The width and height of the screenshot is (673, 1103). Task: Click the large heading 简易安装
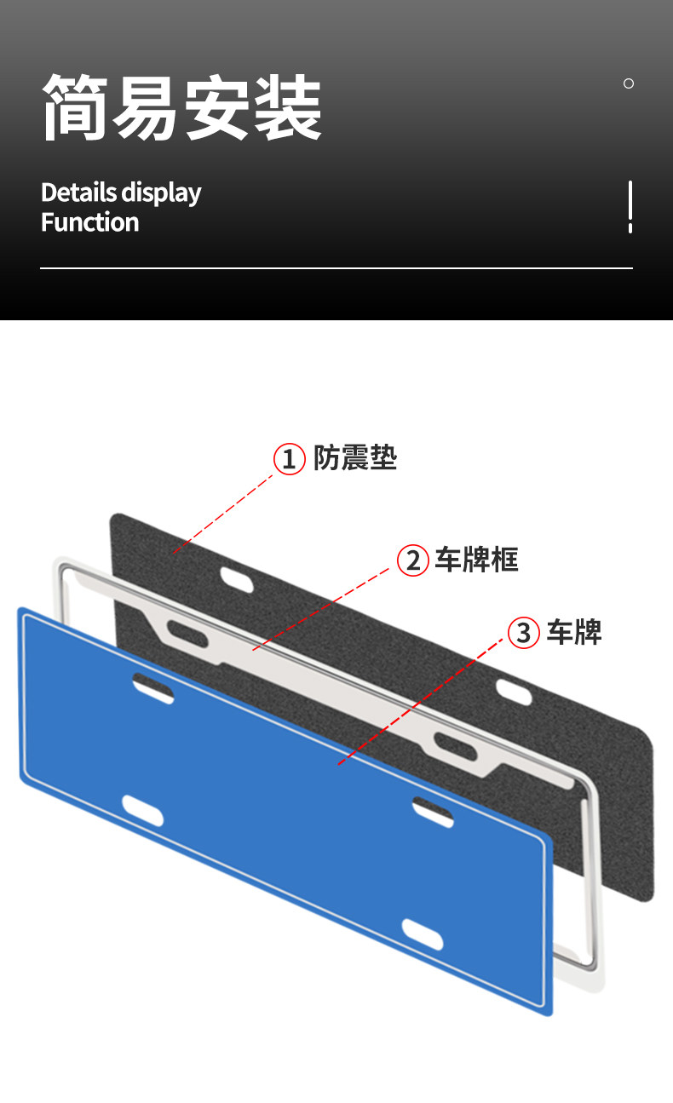(x=181, y=107)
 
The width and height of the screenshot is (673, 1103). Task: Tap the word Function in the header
(x=89, y=222)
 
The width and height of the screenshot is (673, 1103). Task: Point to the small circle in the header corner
(x=629, y=83)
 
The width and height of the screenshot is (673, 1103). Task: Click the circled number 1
(x=289, y=459)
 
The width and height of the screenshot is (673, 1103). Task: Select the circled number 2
(x=413, y=560)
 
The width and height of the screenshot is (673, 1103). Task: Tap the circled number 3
(x=524, y=633)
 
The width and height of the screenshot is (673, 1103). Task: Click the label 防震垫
(x=354, y=458)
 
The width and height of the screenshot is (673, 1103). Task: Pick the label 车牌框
(x=476, y=560)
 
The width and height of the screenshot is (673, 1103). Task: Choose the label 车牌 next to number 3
(x=574, y=632)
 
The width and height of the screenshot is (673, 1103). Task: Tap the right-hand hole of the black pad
(x=515, y=692)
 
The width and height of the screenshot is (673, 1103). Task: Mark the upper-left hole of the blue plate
(x=153, y=687)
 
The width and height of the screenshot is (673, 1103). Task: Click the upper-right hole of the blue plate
(x=433, y=810)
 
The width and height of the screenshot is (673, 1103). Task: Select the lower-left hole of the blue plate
(x=142, y=811)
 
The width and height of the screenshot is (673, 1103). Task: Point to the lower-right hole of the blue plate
(x=423, y=934)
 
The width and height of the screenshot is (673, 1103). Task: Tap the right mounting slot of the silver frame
(x=455, y=746)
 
